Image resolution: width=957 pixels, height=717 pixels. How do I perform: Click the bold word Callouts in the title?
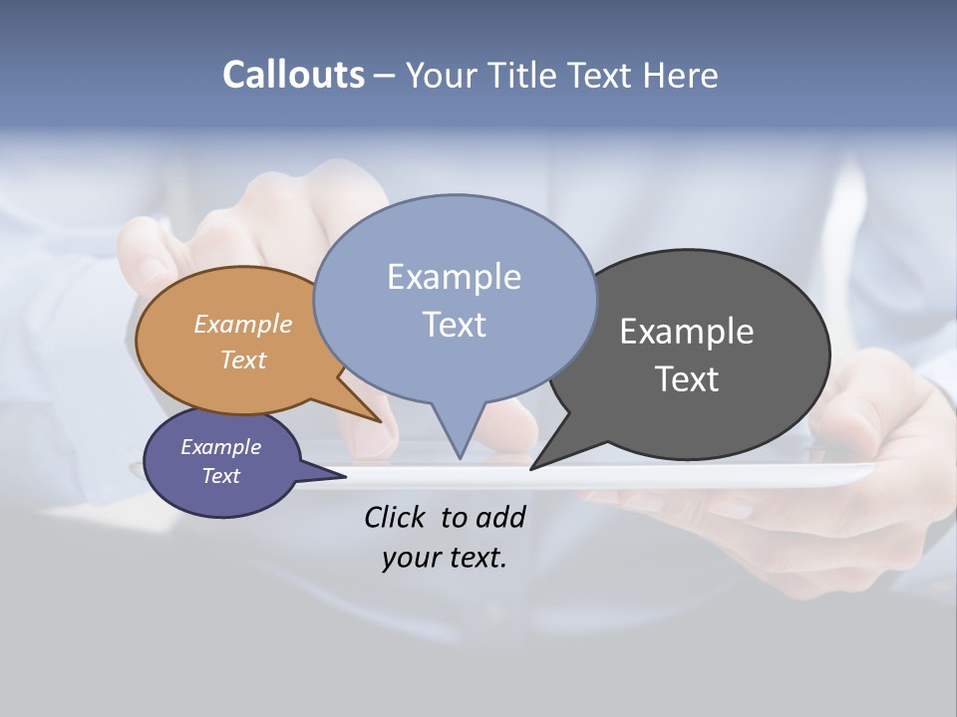(293, 75)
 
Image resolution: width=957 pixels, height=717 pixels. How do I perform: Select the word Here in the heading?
(681, 75)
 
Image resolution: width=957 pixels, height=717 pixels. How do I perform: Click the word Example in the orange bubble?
(243, 324)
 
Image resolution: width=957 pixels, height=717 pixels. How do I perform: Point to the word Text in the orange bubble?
(243, 359)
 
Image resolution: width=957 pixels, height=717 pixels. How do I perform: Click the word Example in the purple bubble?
(220, 447)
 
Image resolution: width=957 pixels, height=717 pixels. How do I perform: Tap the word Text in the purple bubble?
(220, 476)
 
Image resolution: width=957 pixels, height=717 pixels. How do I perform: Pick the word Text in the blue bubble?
(454, 324)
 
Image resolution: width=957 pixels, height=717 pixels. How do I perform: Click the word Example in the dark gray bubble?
(687, 331)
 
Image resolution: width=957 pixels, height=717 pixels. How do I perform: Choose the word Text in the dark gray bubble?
(687, 378)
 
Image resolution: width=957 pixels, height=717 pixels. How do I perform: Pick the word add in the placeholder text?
(500, 517)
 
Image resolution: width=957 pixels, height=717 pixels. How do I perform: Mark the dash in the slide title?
(385, 75)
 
